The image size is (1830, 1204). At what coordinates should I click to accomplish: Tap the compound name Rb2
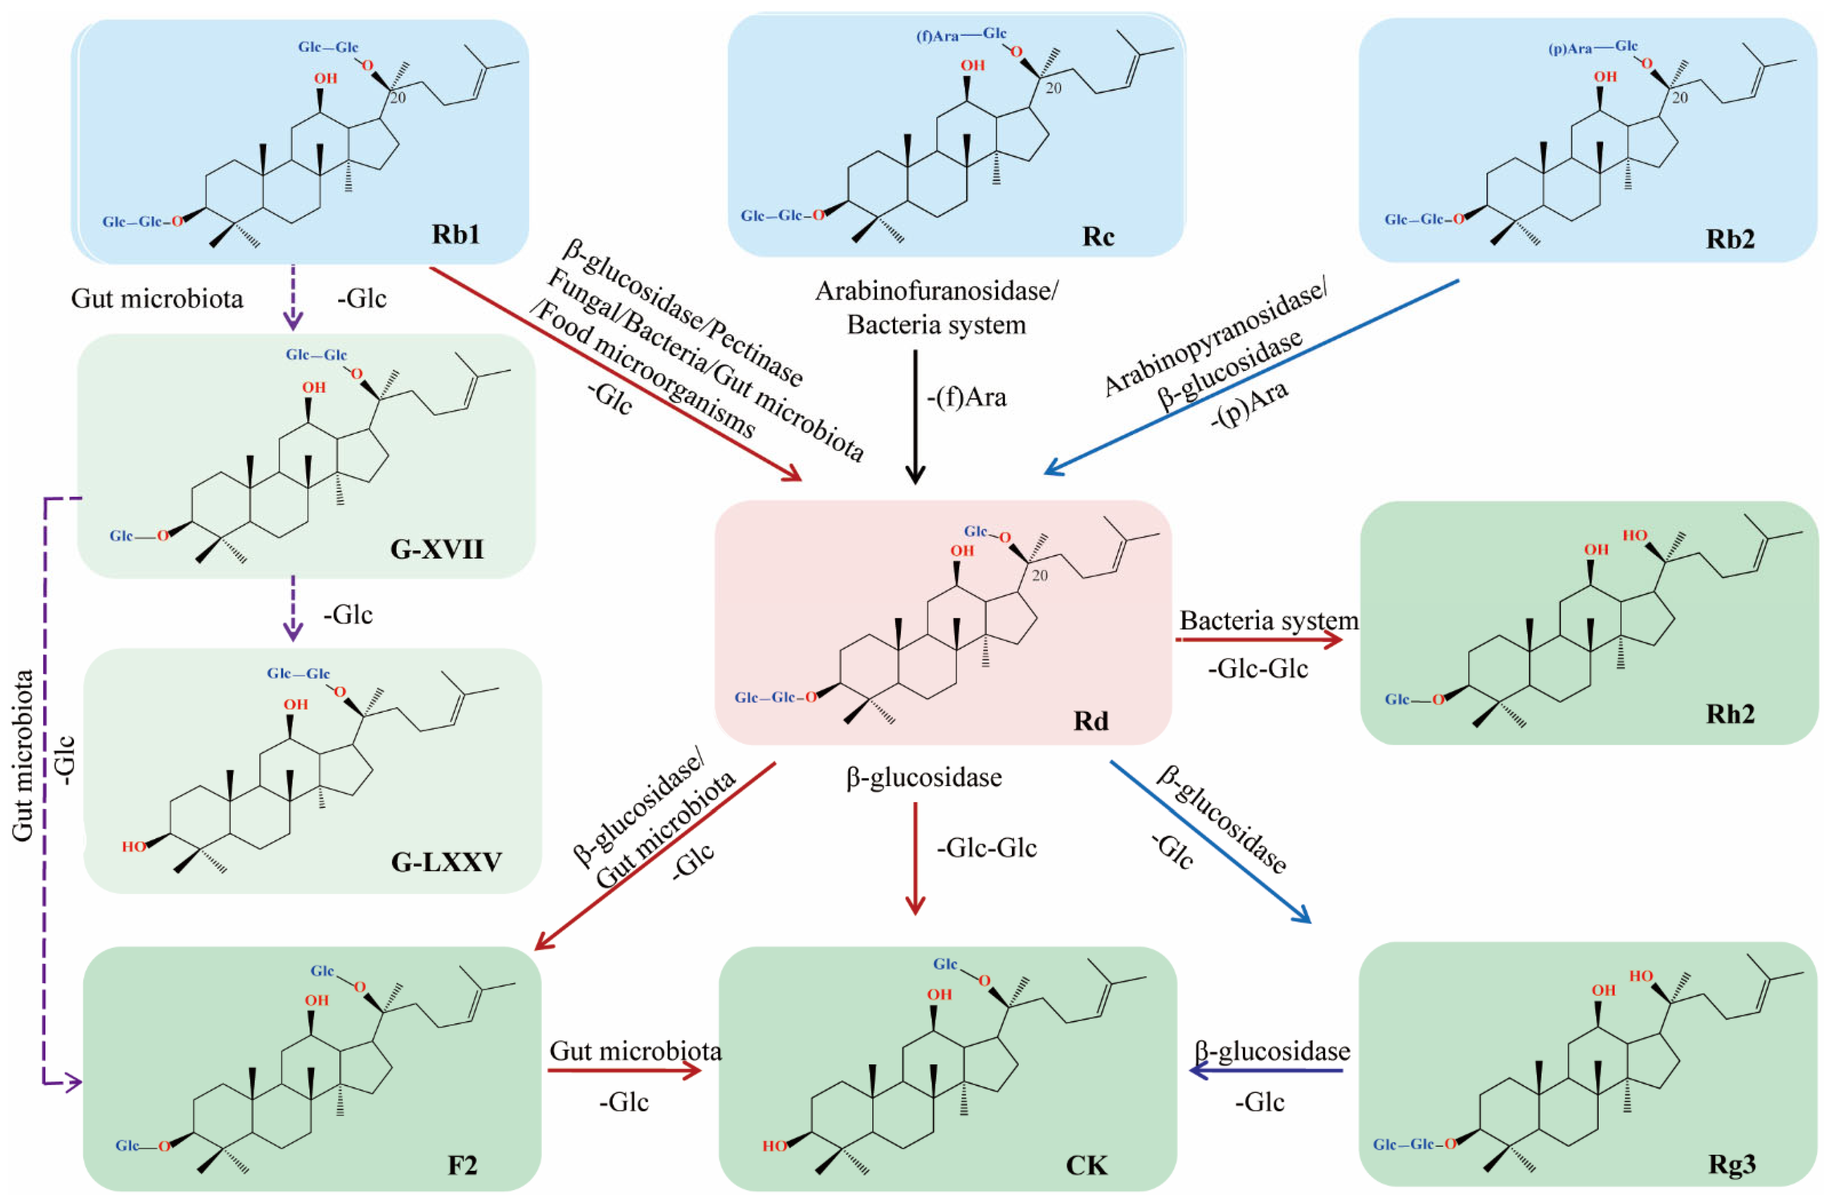(x=1730, y=239)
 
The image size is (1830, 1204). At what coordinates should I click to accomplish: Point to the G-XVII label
(x=437, y=549)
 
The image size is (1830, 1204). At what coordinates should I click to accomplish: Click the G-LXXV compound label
(x=446, y=862)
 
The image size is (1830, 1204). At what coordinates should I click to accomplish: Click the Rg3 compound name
(x=1732, y=1164)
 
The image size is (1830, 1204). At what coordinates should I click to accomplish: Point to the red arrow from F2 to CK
(x=624, y=1070)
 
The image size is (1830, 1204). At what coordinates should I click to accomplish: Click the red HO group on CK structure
(x=774, y=1146)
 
